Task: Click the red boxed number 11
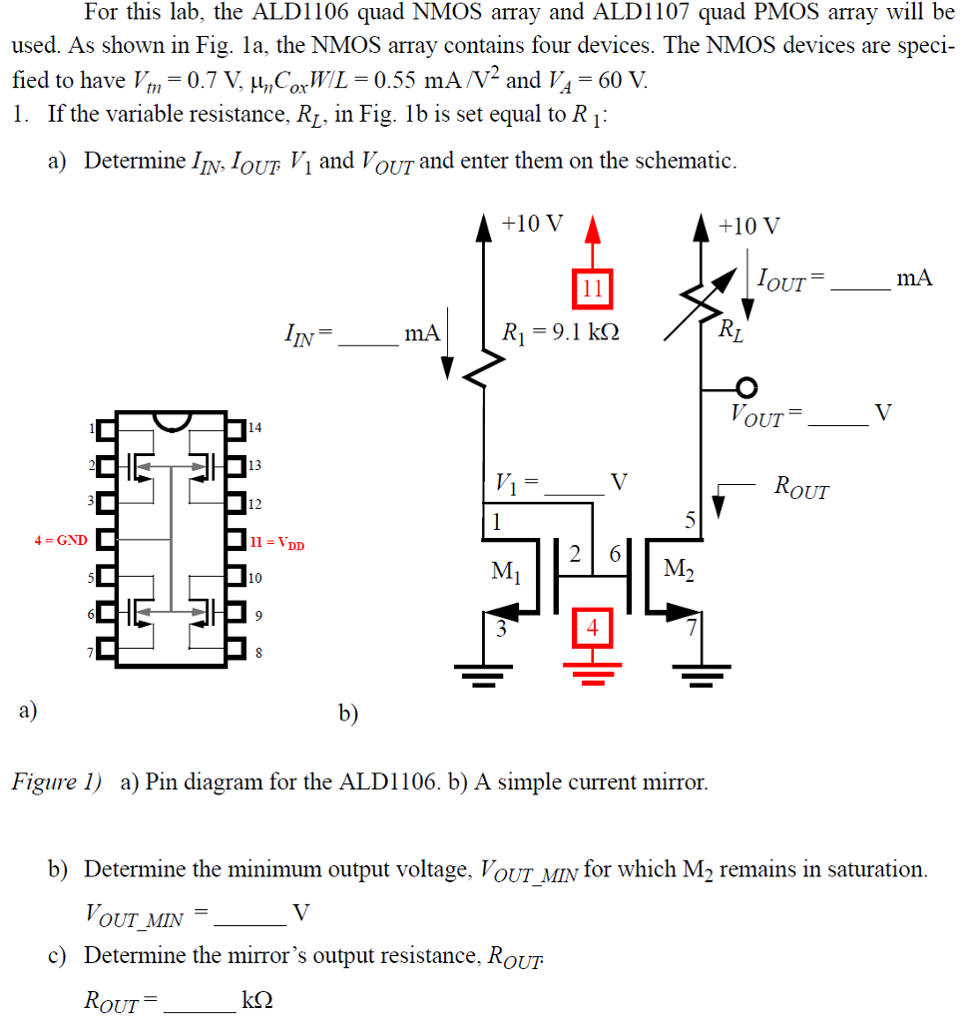(x=592, y=289)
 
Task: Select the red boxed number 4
(x=593, y=629)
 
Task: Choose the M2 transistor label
(x=680, y=571)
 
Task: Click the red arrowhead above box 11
(x=593, y=232)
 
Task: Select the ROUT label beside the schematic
(x=800, y=489)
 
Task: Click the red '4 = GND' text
(x=61, y=541)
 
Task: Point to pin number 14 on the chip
(x=254, y=428)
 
